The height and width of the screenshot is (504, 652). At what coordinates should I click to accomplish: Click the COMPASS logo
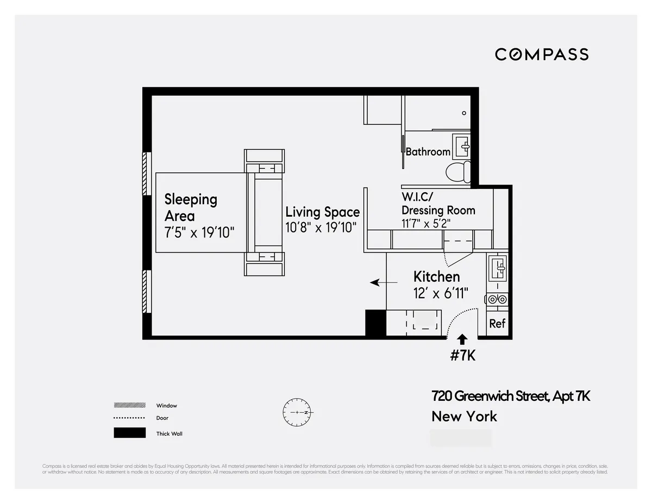(541, 54)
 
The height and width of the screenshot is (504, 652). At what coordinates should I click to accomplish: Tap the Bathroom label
(428, 152)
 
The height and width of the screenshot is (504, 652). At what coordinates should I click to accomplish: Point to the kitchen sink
(498, 267)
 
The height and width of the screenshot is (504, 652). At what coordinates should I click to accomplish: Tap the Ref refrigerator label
(497, 324)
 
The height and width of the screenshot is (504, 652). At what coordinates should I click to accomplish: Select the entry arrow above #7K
(462, 340)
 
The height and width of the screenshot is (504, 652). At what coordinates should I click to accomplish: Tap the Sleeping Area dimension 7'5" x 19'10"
(199, 232)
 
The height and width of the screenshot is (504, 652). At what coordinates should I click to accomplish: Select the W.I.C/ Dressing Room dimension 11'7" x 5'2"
(426, 223)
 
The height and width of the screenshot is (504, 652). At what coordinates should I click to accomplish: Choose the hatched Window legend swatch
(129, 405)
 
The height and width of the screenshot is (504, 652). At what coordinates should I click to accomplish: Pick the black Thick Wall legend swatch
(129, 433)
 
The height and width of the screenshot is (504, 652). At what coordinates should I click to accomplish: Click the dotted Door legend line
(129, 418)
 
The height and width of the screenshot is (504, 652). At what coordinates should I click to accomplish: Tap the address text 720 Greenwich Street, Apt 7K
(510, 396)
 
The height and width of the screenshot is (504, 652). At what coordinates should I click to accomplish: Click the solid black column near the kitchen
(375, 323)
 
